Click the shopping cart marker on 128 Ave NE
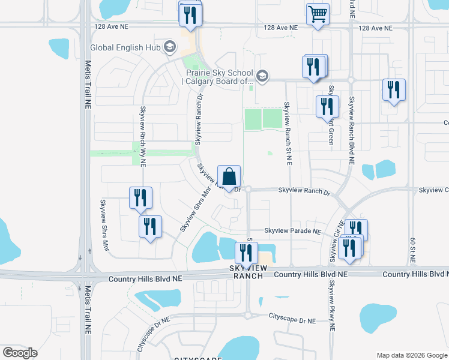318,14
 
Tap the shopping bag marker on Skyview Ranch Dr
229,177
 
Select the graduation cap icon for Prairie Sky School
262,76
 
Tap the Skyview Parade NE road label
292,231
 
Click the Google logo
20,352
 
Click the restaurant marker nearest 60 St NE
394,90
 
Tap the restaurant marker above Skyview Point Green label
327,107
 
